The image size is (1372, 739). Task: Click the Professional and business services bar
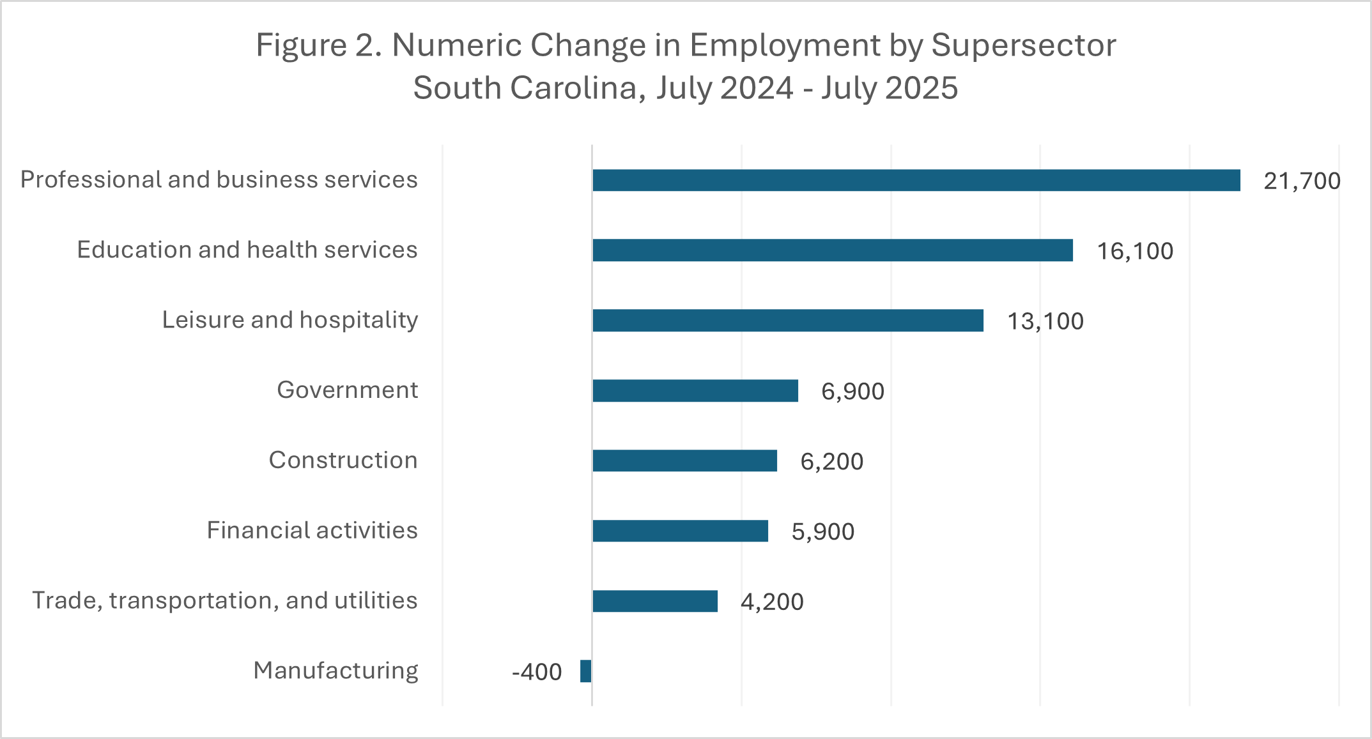(916, 180)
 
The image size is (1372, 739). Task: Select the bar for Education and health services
(832, 250)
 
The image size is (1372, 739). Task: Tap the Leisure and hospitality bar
(787, 321)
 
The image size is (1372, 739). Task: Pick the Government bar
(695, 391)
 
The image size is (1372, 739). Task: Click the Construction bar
(684, 461)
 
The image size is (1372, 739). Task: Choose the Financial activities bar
(680, 531)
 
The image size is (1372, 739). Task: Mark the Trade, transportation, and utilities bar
(654, 601)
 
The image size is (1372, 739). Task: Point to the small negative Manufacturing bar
(585, 671)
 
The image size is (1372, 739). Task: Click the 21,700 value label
(1302, 181)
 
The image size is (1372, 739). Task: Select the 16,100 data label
(1135, 251)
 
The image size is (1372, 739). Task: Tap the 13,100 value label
(1045, 321)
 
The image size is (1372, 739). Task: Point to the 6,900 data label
(852, 392)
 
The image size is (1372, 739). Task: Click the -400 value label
(537, 672)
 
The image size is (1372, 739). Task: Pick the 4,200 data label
(772, 602)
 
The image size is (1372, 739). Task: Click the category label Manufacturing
(335, 671)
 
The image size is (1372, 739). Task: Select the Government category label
(347, 390)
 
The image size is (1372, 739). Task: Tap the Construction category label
(343, 460)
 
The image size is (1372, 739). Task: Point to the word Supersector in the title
(1023, 46)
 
